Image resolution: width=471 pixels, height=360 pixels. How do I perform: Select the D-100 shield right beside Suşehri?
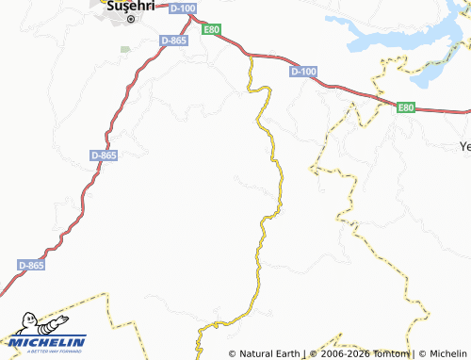tap(185, 8)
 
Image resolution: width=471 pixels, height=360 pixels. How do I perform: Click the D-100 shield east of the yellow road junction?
tap(303, 72)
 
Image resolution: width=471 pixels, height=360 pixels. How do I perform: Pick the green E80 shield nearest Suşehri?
tap(213, 30)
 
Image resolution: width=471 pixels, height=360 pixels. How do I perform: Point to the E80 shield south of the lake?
tap(406, 107)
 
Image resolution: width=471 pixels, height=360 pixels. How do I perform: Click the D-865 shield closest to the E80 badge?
tap(172, 41)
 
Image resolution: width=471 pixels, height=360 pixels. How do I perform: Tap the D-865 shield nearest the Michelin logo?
tap(30, 267)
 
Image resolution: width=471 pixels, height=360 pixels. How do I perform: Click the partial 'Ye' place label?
tap(463, 146)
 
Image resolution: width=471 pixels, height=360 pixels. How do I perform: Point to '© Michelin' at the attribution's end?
tap(442, 353)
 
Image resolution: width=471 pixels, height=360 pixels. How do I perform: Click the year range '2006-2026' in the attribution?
tap(345, 353)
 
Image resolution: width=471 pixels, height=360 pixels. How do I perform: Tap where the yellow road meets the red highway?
tap(251, 56)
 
